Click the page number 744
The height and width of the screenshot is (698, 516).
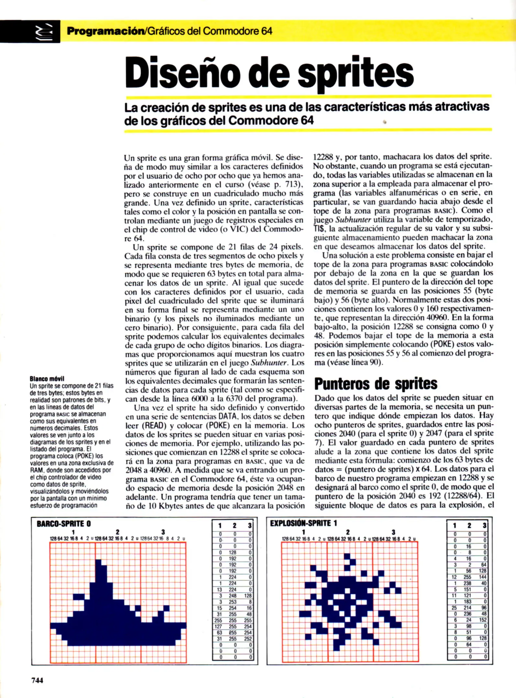coord(37,680)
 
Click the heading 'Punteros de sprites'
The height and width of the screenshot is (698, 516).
coord(376,384)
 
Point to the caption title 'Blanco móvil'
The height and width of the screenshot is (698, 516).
coord(47,378)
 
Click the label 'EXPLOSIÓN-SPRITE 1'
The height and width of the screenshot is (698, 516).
coord(303,523)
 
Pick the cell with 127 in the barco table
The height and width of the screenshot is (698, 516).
coord(219,626)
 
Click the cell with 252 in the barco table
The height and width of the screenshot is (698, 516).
coord(248,639)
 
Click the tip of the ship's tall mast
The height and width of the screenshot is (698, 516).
coord(98,560)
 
